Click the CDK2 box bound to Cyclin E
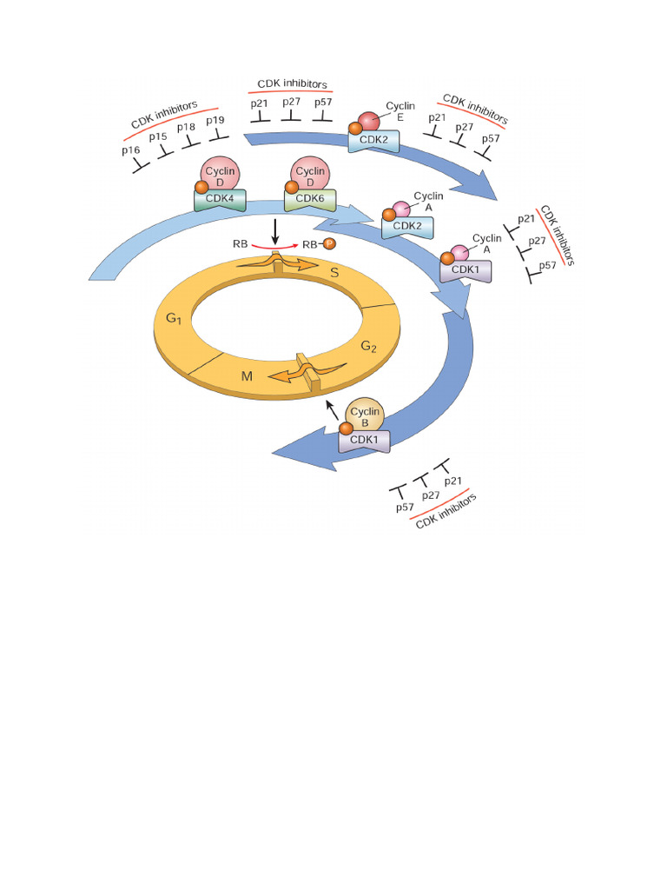374,139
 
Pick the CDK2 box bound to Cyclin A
406,228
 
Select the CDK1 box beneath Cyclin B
365,441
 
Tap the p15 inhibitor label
157,136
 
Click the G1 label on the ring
173,319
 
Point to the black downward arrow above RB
274,231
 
